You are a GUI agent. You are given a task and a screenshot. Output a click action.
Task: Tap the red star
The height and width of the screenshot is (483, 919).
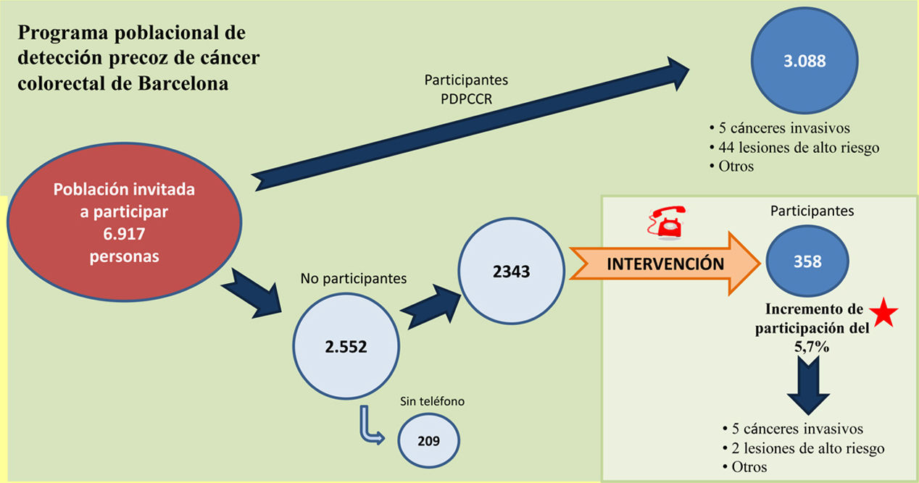tap(884, 314)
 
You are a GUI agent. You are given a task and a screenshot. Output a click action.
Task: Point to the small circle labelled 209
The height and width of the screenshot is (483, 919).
tap(428, 440)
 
